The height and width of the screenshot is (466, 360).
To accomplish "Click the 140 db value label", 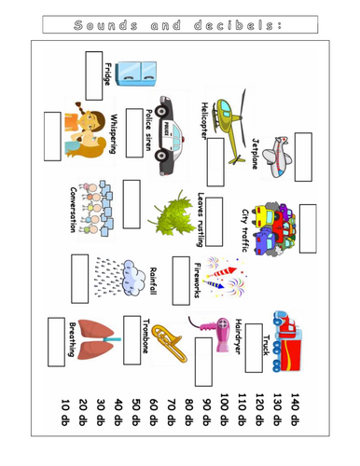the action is point(295,409).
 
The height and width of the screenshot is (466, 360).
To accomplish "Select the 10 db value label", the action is point(65,412).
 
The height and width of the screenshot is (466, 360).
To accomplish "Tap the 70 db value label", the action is point(171,412).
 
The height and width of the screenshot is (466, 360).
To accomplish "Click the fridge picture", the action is point(136,74).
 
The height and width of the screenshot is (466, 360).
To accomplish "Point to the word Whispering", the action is point(114,134).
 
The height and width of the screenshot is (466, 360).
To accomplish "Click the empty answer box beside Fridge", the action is point(94,75).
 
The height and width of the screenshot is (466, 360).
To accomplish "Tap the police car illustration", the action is point(170,136).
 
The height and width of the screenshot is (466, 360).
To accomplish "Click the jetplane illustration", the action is point(277,157).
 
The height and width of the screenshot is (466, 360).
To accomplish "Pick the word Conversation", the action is point(73,210).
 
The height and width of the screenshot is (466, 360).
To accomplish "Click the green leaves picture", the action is point(173,214).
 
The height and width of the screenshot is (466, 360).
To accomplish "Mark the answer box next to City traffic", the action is point(308,228).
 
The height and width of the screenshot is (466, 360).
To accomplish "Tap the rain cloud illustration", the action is point(120,278).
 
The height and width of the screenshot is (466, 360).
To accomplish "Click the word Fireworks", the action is point(198,281).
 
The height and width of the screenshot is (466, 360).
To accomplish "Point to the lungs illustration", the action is point(98,339).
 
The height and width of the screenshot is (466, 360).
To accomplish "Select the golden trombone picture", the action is point(170,343).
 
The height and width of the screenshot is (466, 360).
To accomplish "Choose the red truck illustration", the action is point(287,341).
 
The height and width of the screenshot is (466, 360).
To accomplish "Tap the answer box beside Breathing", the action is point(56,342).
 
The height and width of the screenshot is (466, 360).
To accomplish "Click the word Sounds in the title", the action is point(105,25).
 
